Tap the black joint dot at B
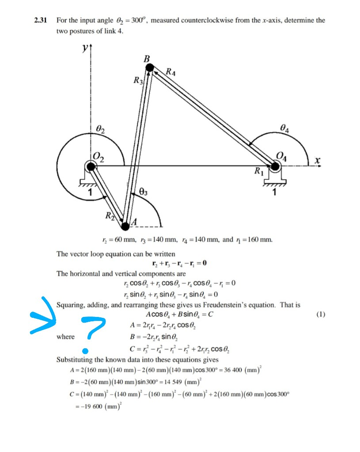click(150, 68)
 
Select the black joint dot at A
click(125, 226)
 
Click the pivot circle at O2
click(91, 166)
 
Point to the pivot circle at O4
click(275, 166)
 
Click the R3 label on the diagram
click(138, 81)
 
